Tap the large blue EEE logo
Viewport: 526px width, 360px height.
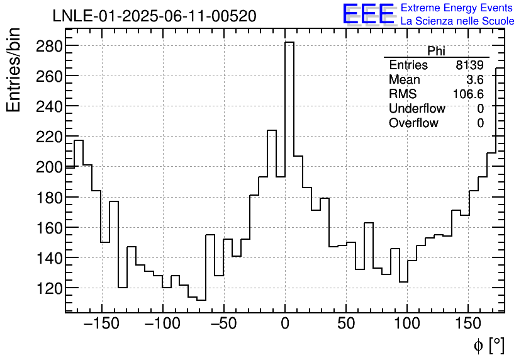pos(368,14)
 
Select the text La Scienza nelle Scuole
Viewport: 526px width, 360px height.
pos(457,21)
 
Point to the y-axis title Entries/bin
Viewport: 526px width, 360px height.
pos(14,70)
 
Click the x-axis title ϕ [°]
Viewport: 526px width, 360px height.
pos(488,345)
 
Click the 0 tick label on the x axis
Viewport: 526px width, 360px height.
pos(285,324)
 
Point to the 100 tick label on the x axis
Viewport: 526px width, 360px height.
pos(407,324)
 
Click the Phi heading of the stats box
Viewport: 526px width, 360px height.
pos(436,51)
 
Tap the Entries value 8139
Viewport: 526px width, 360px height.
pos(470,65)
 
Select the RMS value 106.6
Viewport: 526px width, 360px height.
pos(468,94)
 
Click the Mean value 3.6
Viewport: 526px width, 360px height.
pos(474,80)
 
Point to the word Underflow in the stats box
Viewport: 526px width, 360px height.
pos(417,109)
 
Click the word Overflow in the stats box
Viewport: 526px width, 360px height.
pos(413,123)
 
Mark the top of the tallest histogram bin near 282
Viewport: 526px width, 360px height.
pos(289,43)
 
